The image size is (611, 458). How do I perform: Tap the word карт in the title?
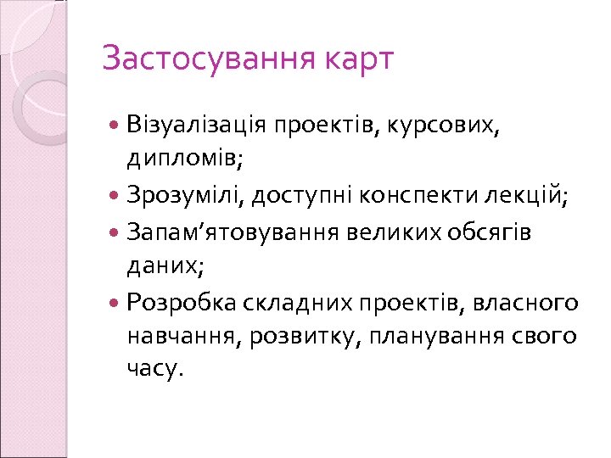click(x=358, y=59)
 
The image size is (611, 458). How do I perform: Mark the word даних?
click(x=165, y=266)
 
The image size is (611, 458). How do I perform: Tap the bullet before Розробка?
click(x=115, y=302)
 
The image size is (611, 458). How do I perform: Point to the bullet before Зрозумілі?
click(x=115, y=197)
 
